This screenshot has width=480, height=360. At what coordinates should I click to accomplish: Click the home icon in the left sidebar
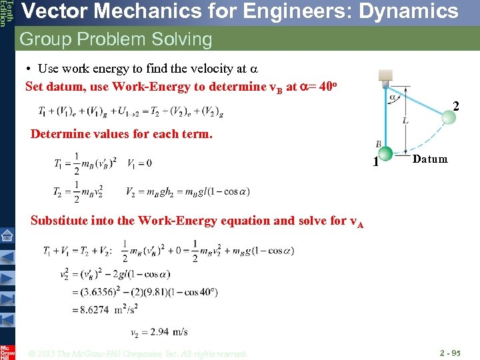coord(7,235)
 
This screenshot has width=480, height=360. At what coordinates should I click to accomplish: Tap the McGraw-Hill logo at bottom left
coord(7,351)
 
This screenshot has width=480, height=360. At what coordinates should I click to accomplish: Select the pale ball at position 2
coord(449,117)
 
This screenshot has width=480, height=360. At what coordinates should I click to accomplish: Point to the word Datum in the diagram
coord(430,159)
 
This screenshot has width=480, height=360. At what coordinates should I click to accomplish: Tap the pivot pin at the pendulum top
coord(385,85)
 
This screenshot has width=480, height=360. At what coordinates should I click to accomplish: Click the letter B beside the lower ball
coord(378,145)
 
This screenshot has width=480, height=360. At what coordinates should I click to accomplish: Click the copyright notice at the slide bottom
coord(139,353)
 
